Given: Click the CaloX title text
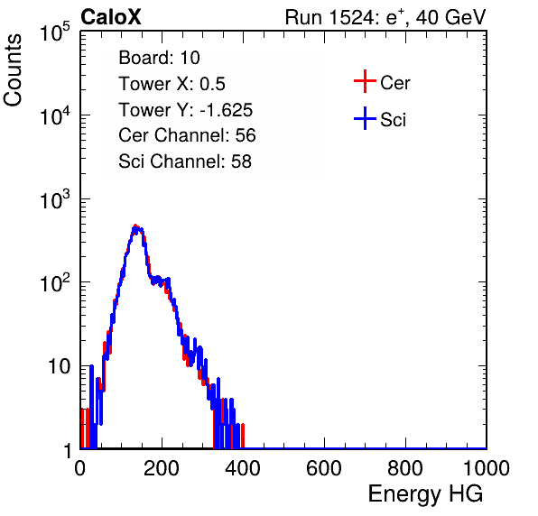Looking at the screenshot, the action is point(110,17).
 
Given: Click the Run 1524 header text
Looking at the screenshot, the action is point(385,17).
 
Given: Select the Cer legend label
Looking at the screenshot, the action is point(394,83).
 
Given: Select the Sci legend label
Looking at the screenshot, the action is point(393,120).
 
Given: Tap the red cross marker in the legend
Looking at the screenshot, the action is point(365,81).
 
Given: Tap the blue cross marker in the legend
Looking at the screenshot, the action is point(365,118).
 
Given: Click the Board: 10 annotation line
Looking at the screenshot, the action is point(159,58).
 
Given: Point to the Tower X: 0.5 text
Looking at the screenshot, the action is point(172,84).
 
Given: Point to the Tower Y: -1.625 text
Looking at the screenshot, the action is point(186,110).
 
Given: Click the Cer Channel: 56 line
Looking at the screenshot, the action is point(187,135).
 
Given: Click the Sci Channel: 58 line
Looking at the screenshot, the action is point(185,161).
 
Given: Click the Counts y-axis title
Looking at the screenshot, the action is point(13,70).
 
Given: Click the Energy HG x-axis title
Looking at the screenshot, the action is point(425,494).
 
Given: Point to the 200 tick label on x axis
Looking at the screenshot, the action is point(162,468).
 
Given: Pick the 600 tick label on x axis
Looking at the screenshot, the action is point(324,468).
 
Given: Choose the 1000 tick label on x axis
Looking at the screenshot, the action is point(487,468).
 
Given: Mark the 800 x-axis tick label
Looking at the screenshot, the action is point(405,468).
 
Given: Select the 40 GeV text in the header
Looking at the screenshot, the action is point(451,17).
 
